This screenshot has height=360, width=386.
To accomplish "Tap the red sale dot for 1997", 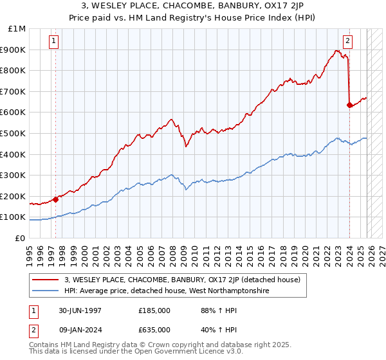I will (56, 199).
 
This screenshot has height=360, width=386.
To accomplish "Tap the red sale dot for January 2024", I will (349, 105).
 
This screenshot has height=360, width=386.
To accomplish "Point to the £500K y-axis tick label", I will (14, 133).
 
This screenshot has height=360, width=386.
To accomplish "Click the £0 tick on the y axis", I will (21, 238).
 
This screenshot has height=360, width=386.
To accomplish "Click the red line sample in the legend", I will (46, 280).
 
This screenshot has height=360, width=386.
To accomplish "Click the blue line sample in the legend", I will (46, 291).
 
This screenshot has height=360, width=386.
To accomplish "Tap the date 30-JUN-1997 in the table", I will (78, 310).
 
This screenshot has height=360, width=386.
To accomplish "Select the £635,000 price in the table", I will (154, 330).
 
